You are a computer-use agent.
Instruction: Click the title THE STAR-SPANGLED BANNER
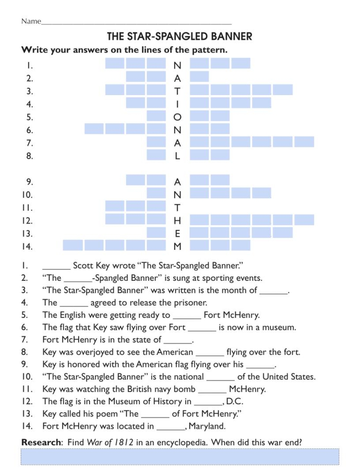[179, 36]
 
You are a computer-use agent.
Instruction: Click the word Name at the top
[31, 21]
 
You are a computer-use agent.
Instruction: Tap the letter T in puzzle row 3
[177, 91]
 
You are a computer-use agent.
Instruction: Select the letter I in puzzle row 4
[177, 104]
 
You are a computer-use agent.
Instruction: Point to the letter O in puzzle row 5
[177, 117]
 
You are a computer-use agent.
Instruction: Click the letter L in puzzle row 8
[177, 156]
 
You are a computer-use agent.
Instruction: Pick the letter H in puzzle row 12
[177, 221]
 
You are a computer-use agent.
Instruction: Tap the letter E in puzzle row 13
[177, 234]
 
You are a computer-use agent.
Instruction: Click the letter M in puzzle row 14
[177, 247]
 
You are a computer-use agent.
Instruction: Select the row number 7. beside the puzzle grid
[30, 143]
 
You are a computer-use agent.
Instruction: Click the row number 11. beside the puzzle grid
[27, 208]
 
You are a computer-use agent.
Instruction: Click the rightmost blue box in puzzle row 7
[304, 141]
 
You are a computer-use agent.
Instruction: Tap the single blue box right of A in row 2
[199, 77]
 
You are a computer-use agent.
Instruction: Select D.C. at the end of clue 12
[234, 401]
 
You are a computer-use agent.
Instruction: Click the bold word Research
[41, 442]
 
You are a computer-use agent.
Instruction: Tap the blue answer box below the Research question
[180, 457]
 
